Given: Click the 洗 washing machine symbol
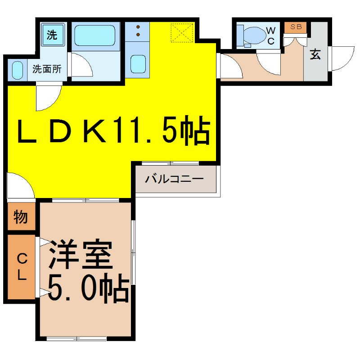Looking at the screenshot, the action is pyautogui.click(x=53, y=34).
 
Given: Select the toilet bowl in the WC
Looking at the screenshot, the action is pyautogui.click(x=255, y=35).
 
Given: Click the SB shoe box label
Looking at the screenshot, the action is pyautogui.click(x=296, y=27).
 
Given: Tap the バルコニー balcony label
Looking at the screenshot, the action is pyautogui.click(x=174, y=179).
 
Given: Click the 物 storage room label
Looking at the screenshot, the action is pyautogui.click(x=21, y=216).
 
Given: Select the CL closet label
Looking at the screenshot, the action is pyautogui.click(x=22, y=266).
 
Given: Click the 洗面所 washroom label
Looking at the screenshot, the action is pyautogui.click(x=47, y=69).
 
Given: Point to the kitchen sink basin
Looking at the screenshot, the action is pyautogui.click(x=138, y=64).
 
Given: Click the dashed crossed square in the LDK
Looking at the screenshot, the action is pyautogui.click(x=182, y=33).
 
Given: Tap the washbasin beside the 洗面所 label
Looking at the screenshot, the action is pyautogui.click(x=18, y=70).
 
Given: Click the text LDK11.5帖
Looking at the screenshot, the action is pyautogui.click(x=113, y=130).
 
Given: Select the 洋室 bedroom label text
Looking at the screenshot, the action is pyautogui.click(x=81, y=254).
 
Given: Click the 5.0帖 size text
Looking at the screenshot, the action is pyautogui.click(x=88, y=288).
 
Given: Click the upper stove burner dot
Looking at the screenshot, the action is pyautogui.click(x=138, y=27).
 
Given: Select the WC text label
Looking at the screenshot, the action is pyautogui.click(x=271, y=36).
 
